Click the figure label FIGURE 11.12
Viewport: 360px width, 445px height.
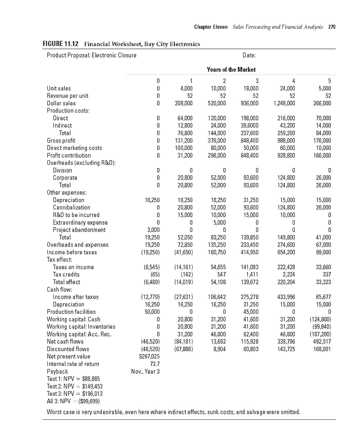[61, 44]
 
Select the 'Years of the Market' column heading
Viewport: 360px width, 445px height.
[231, 70]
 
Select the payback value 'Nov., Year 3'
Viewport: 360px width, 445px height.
[146, 371]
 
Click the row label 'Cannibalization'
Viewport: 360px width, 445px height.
[71, 207]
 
